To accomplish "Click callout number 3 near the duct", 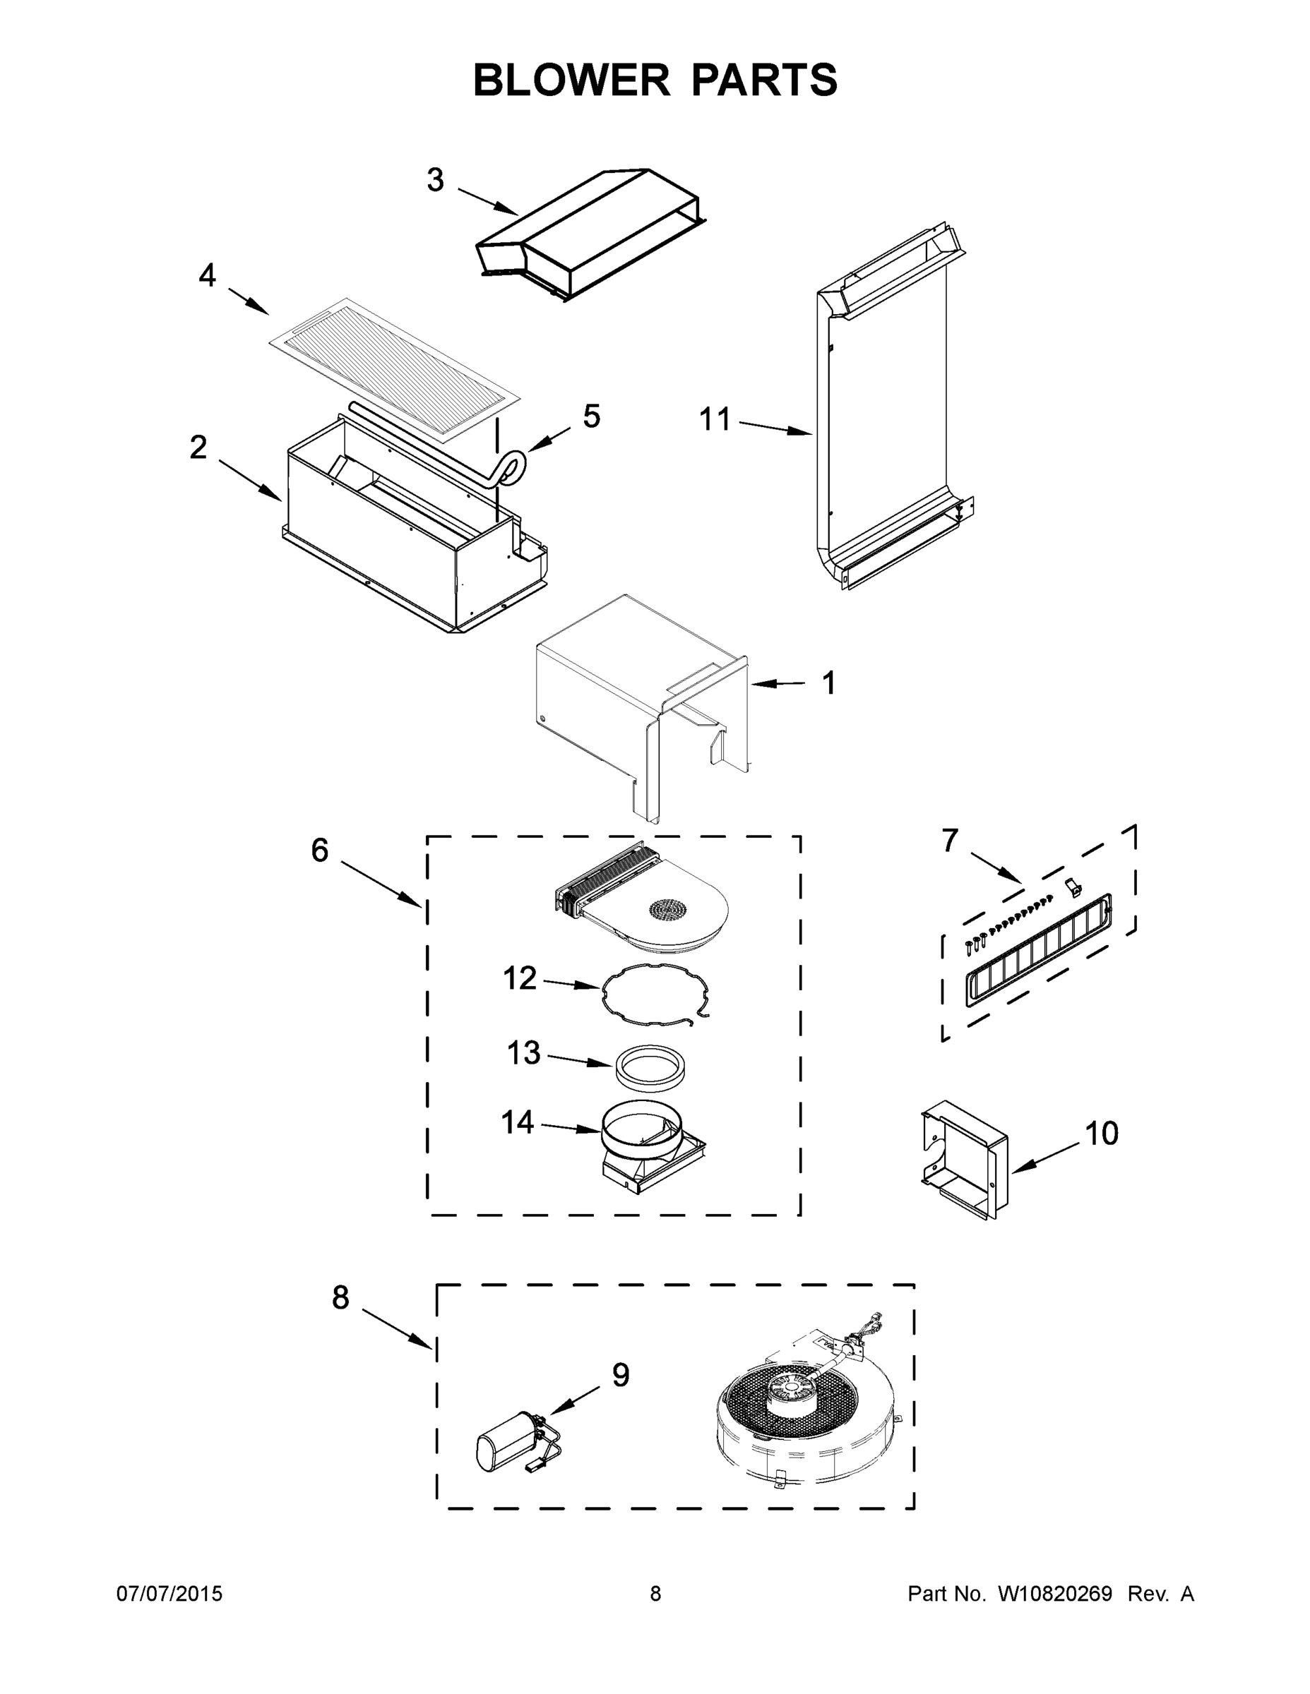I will [436, 180].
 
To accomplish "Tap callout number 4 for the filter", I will [206, 275].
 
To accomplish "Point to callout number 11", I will [715, 420].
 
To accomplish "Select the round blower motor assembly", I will [803, 1423].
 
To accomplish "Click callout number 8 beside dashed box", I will [340, 1297].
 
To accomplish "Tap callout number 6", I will [320, 851].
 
